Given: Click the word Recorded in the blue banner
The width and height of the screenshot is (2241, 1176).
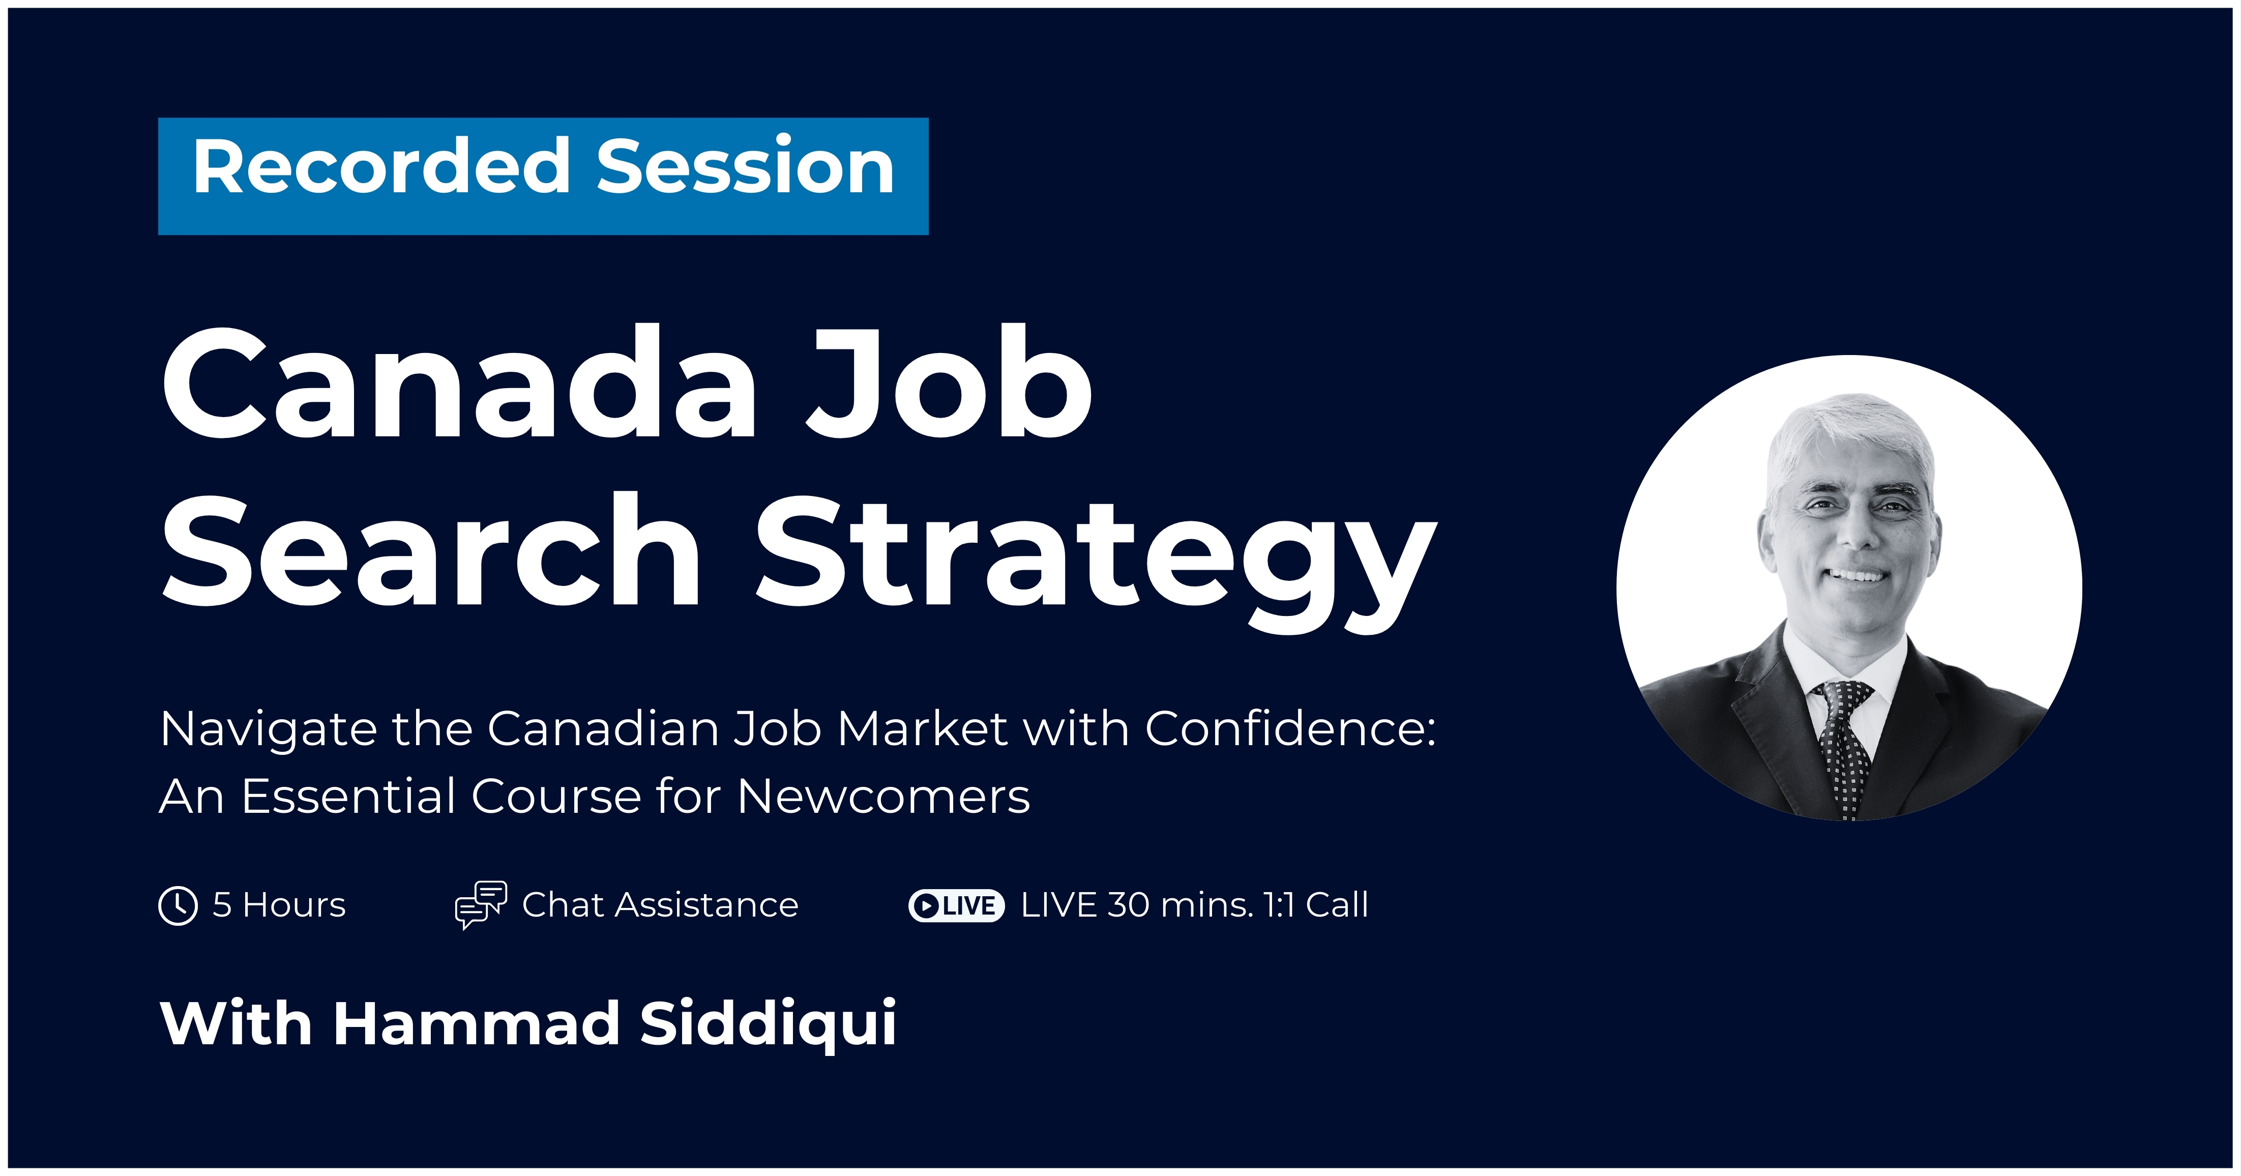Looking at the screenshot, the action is (x=381, y=167).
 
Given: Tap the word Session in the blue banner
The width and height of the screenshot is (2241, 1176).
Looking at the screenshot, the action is (x=746, y=167).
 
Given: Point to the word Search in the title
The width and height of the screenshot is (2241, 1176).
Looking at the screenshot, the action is (x=431, y=550).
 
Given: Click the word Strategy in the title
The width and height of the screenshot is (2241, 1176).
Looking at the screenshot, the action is (x=1096, y=561).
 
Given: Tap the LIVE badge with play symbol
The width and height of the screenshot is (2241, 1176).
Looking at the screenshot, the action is (x=956, y=905).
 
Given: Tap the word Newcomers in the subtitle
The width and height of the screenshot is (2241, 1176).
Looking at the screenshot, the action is (x=884, y=796).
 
